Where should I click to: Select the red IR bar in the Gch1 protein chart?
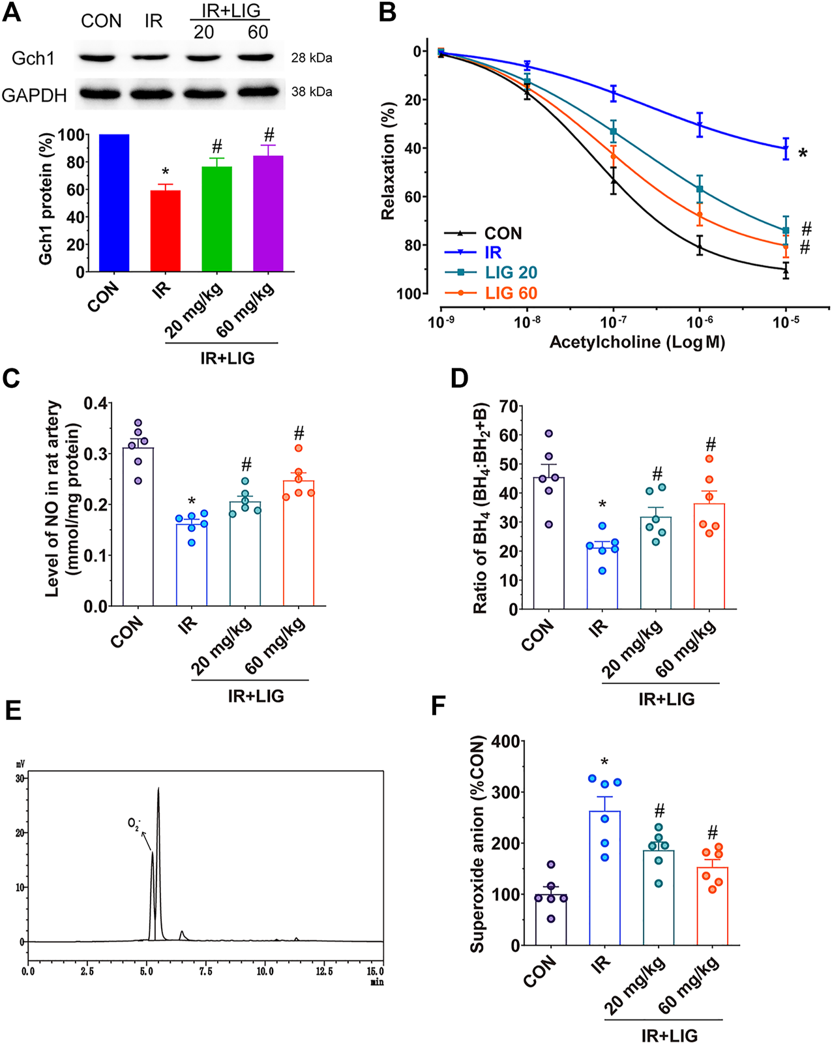coord(166,231)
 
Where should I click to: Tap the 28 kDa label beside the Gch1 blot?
coord(312,58)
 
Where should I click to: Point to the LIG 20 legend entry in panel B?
coord(511,273)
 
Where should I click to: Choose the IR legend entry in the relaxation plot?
coord(493,253)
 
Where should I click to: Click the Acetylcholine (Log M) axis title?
coord(637,342)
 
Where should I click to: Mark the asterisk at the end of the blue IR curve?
coord(803,154)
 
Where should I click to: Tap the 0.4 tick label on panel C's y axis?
coord(95,404)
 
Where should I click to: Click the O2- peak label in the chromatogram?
coord(134,824)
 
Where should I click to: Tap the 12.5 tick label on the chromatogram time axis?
coord(324,972)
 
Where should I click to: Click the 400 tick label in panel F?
coord(506,741)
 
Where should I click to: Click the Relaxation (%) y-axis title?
coord(389,160)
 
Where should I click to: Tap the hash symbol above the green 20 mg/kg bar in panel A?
coord(217,147)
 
